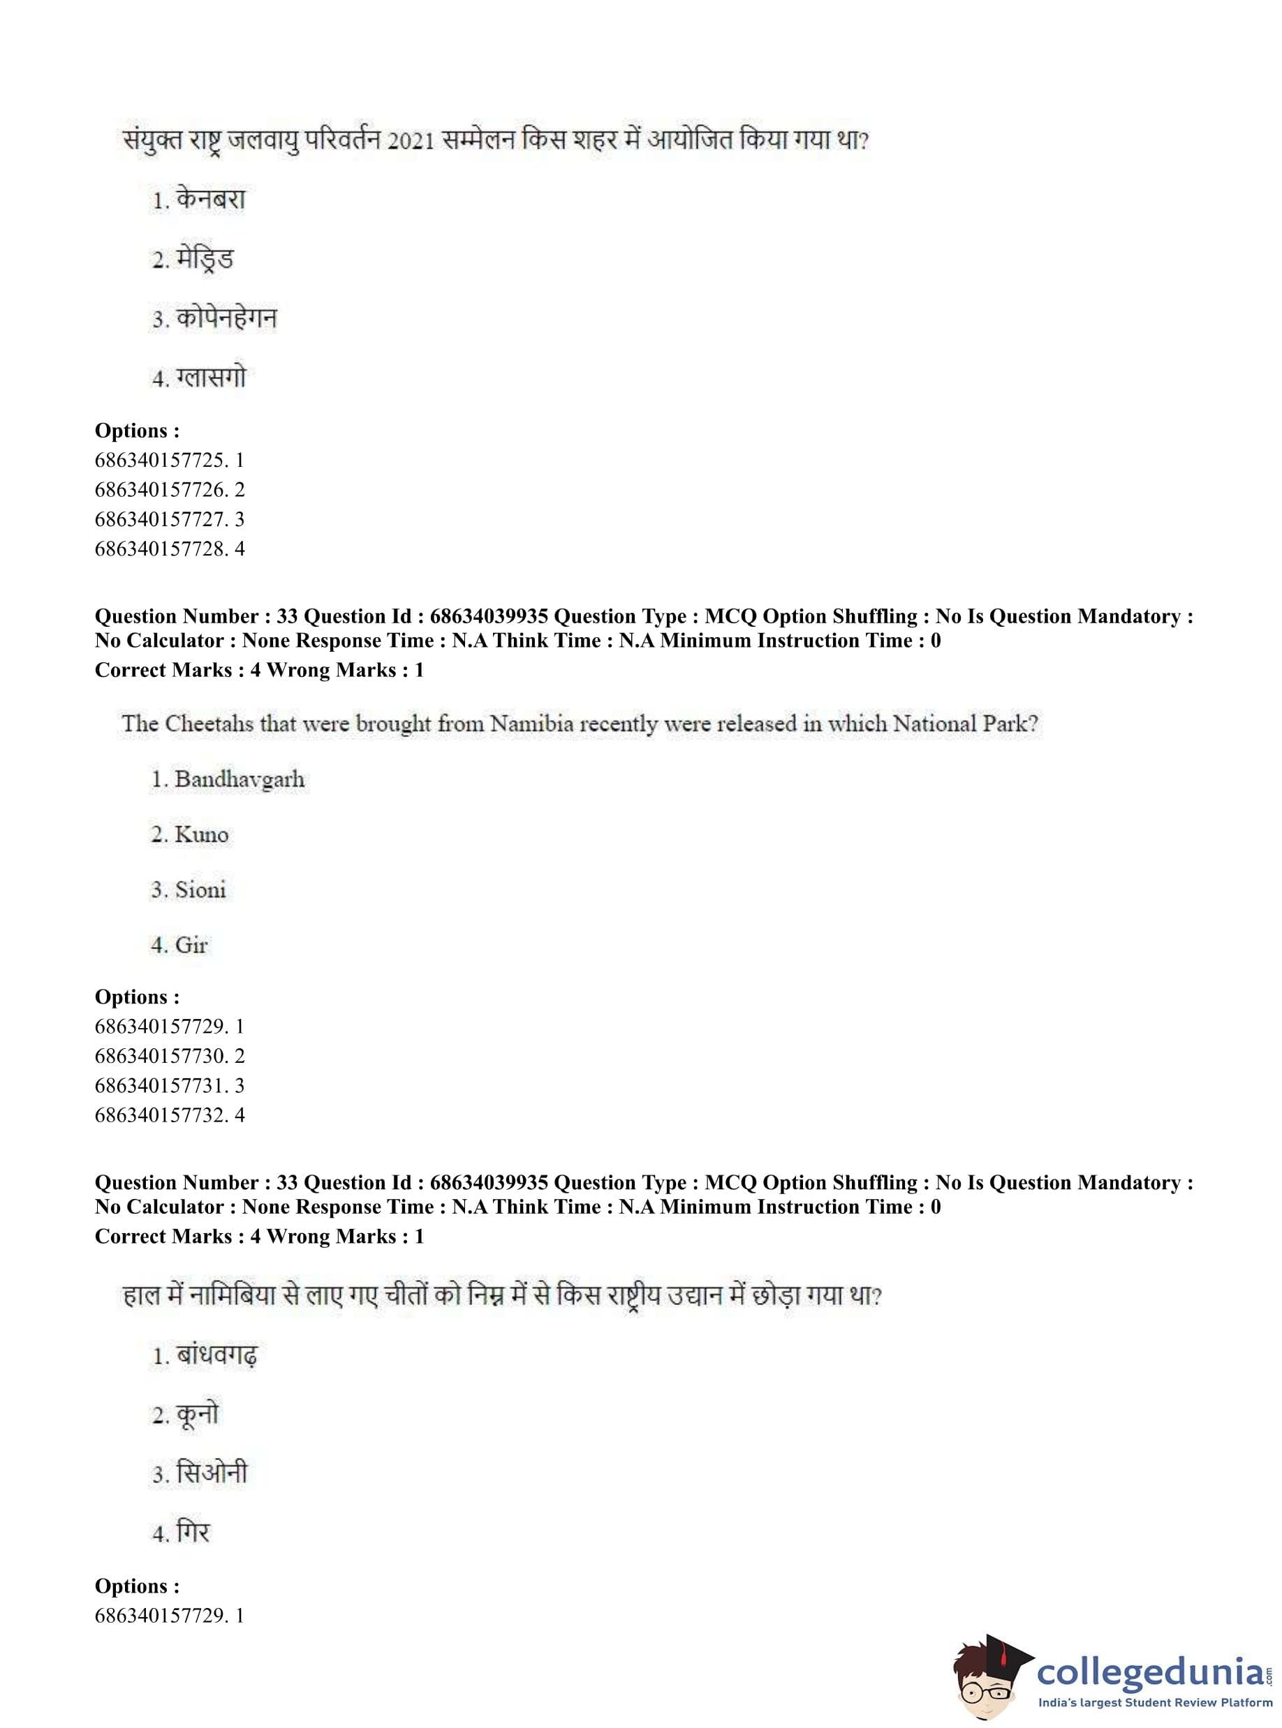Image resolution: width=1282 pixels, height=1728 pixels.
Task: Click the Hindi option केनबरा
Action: point(210,200)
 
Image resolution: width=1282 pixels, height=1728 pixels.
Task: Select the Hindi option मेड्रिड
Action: point(204,259)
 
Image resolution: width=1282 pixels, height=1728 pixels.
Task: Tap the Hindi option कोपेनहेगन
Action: point(226,319)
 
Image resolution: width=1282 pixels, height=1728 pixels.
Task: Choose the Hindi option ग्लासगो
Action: point(210,378)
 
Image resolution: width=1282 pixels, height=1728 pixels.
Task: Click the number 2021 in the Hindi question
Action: point(410,141)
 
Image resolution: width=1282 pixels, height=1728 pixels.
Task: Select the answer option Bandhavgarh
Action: point(239,779)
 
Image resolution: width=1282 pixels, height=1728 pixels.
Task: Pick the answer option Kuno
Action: point(201,835)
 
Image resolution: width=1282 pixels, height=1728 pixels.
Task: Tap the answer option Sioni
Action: point(200,890)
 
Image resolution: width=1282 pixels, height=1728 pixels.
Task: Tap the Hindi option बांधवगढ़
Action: point(216,1357)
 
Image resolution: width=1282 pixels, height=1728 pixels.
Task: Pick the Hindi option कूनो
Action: point(197,1415)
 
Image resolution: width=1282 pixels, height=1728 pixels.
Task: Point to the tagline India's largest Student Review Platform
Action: point(1156,1703)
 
